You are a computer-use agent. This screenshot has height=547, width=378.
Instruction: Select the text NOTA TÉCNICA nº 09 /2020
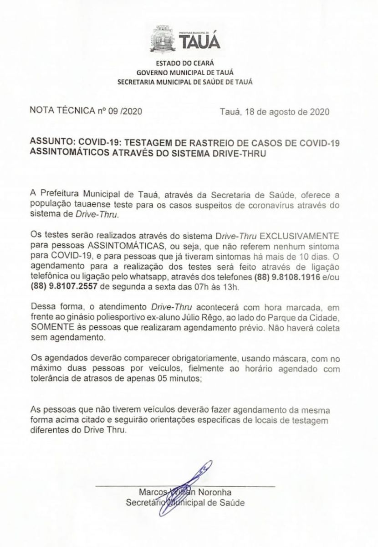click(86, 110)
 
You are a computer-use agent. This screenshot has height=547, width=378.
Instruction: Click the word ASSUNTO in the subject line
click(50, 143)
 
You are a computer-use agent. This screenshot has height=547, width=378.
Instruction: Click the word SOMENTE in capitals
click(47, 328)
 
